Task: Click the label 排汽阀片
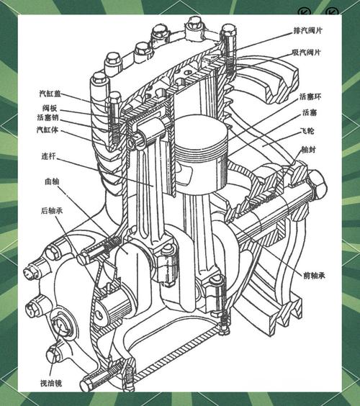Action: (307, 30)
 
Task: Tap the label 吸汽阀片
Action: (307, 53)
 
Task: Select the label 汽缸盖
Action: (50, 93)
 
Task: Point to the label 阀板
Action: (50, 108)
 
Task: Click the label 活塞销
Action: (48, 117)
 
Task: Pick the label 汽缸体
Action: (48, 130)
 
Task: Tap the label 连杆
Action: (49, 156)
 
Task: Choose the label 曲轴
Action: (52, 181)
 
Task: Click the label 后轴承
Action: (52, 210)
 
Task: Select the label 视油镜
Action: (51, 383)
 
